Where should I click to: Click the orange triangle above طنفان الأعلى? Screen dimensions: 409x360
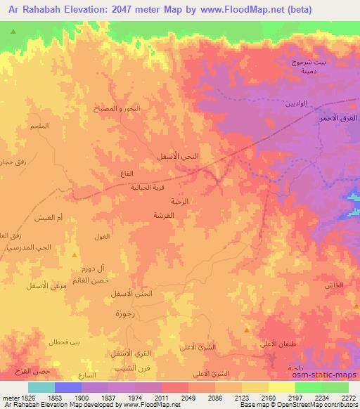click(246, 329)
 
